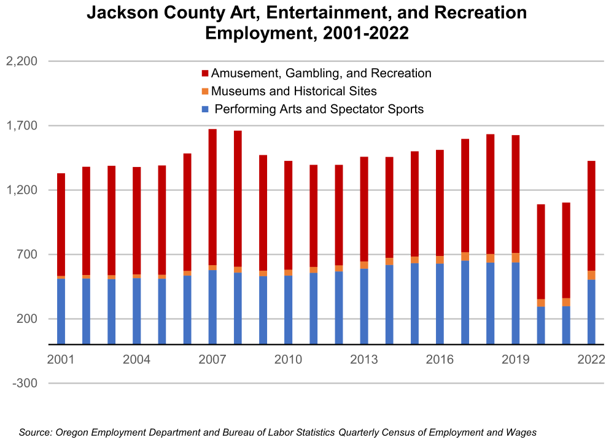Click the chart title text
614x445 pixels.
coord(307,23)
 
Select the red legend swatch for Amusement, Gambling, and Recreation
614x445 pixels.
coord(205,74)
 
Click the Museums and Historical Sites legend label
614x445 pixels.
coord(293,91)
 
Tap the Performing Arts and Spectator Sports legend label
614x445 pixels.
coord(319,110)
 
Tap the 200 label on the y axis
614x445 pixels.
coord(27,319)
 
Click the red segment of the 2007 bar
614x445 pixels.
coord(212,196)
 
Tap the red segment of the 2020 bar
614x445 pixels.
coord(541,252)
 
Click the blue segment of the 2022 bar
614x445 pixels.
coord(591,312)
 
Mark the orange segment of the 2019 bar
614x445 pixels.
coord(516,258)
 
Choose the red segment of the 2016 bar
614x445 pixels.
coord(440,203)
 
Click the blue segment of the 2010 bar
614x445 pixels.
coord(288,310)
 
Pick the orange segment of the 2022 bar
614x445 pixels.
coord(591,275)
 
